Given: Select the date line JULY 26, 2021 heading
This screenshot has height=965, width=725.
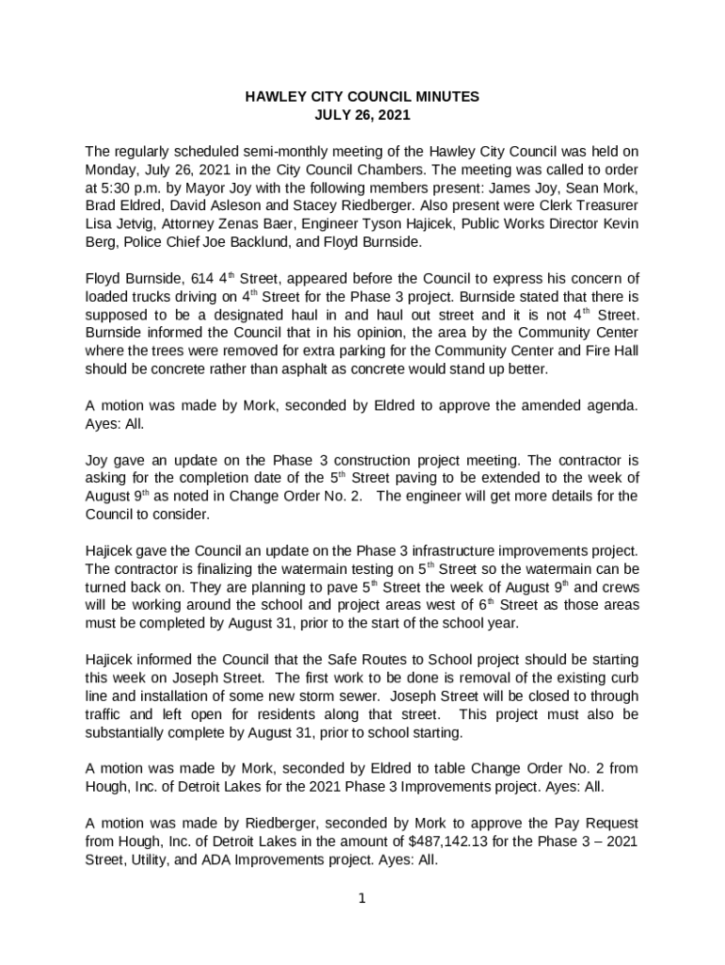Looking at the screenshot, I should pyautogui.click(x=362, y=116).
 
